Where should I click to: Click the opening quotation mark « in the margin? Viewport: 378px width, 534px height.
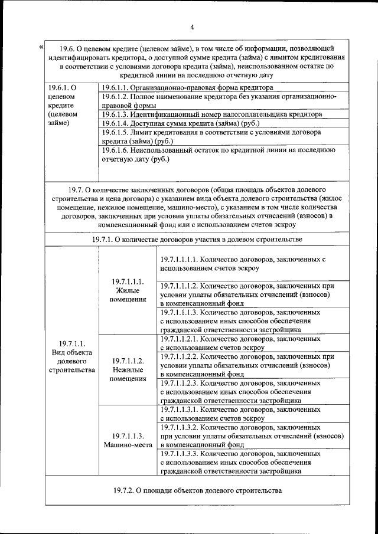tap(40, 47)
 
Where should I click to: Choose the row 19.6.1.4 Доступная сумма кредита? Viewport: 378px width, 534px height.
tap(181, 123)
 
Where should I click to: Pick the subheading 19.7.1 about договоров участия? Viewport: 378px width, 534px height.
tap(197, 240)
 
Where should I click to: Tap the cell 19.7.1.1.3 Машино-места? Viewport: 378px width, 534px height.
tap(128, 440)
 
